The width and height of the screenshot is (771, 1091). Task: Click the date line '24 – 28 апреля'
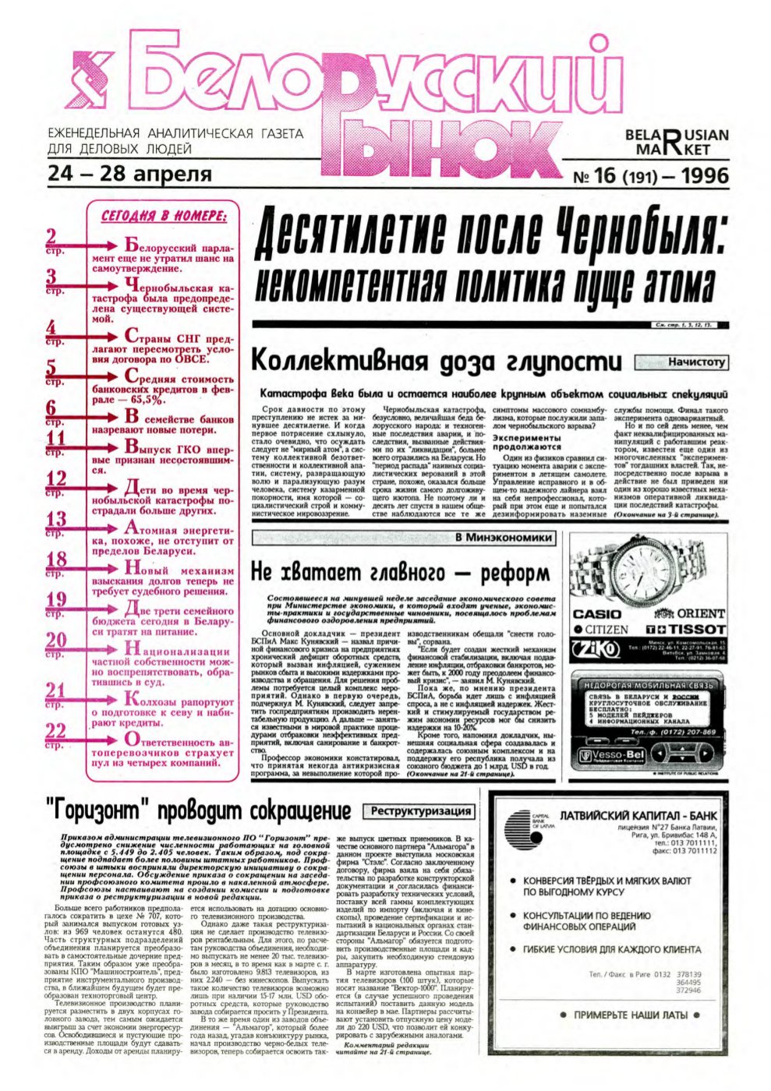(x=129, y=173)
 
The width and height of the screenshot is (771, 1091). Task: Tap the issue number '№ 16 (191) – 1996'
(x=651, y=176)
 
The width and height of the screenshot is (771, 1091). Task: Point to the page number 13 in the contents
(x=56, y=520)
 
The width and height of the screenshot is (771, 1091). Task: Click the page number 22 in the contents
(x=56, y=731)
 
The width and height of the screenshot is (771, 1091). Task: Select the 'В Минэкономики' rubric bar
(x=504, y=538)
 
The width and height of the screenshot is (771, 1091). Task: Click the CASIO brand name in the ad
(x=597, y=614)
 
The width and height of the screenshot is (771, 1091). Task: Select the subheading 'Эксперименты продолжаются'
(x=527, y=443)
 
